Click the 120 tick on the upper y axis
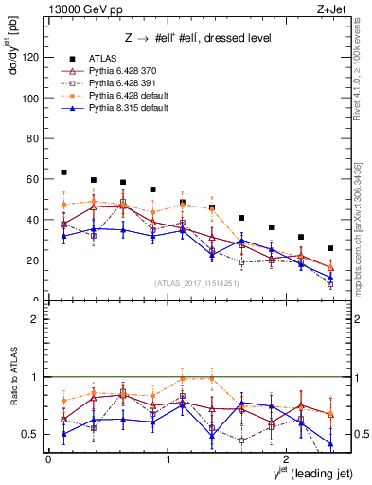pyautogui.click(x=30, y=58)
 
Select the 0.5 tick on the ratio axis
pyautogui.click(x=30, y=434)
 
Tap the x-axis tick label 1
pyautogui.click(x=168, y=460)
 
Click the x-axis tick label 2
pyautogui.click(x=288, y=460)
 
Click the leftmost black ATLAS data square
pyautogui.click(x=63, y=172)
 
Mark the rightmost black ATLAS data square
pyautogui.click(x=330, y=248)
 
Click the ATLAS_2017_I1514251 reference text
pyautogui.click(x=189, y=282)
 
